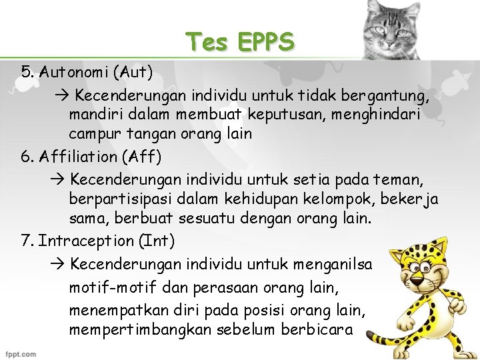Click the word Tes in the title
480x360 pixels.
point(207,42)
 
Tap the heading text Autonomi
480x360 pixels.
point(74,70)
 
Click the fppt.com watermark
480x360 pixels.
point(22,353)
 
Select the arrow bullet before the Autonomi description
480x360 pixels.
point(60,94)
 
